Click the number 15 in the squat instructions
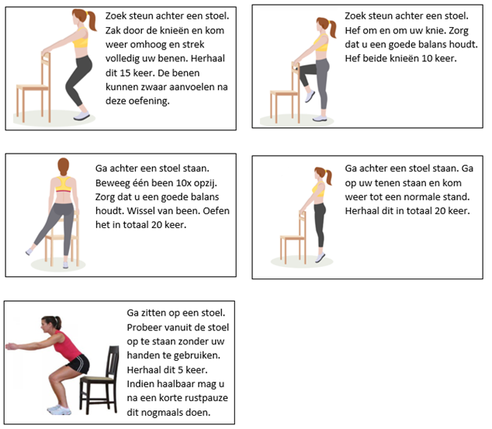pos(125,73)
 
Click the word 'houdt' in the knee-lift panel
pos(463,44)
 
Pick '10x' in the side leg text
pos(185,183)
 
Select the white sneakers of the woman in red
pos(59,410)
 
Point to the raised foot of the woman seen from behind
pos(29,251)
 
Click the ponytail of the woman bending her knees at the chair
pos(92,21)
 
